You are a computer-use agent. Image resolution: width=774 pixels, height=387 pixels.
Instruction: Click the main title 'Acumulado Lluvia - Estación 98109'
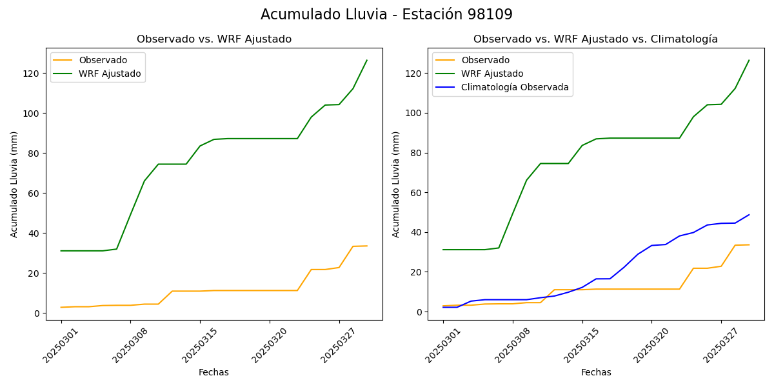pos(386,15)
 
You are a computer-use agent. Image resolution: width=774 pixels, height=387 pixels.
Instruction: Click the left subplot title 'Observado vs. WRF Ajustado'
pos(213,39)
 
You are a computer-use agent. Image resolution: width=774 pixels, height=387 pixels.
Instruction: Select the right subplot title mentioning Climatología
pos(595,39)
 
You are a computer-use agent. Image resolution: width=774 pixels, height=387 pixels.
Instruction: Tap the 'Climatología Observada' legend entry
pos(515,88)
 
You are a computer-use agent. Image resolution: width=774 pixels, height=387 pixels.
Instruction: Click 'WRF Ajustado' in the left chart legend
pos(110,74)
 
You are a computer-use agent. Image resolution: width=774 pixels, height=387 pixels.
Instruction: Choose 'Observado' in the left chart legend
pos(103,60)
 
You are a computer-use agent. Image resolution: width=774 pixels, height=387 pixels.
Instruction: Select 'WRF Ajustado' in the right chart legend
pos(492,74)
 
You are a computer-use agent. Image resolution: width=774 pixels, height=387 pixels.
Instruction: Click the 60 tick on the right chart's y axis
pos(417,193)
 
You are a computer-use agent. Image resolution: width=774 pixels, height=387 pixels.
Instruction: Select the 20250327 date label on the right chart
pos(719,346)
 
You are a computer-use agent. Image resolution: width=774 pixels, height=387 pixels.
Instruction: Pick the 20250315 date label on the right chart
pos(579,346)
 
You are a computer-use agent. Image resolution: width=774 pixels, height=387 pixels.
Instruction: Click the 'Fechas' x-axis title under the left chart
pos(213,372)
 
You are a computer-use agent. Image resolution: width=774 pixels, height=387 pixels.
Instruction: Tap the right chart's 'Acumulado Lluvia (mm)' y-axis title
pos(396,184)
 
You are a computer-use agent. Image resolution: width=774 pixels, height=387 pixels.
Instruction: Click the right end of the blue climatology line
pos(749,215)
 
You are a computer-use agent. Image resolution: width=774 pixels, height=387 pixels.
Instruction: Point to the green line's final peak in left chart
pos(367,61)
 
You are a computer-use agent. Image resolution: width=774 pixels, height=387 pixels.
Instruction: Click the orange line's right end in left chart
pos(367,246)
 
